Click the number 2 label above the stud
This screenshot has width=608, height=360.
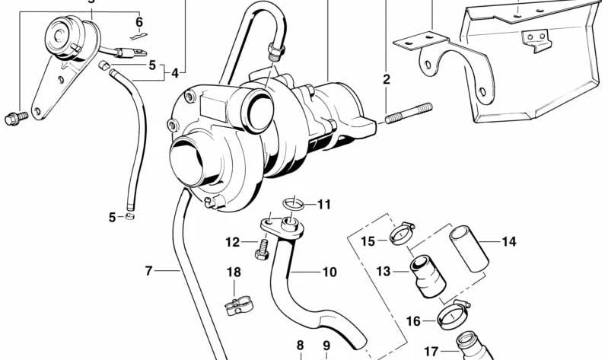[386, 79]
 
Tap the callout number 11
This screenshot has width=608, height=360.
[325, 204]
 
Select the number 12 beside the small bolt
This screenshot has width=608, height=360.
[232, 242]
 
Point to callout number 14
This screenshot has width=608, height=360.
[508, 242]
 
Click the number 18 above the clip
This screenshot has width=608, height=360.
[234, 272]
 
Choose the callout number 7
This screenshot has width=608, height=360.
[149, 269]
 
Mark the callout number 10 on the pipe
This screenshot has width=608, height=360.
[329, 272]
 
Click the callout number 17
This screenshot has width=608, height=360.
[431, 352]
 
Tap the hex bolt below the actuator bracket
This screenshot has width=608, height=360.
[15, 117]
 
